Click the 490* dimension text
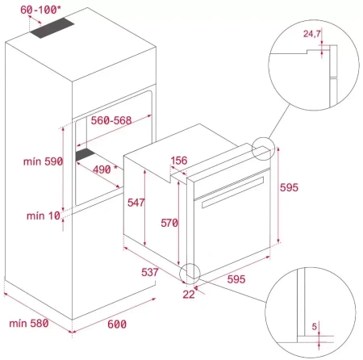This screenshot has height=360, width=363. (102, 170)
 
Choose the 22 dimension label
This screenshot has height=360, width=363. (188, 294)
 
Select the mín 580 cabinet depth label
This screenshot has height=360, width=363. (29, 324)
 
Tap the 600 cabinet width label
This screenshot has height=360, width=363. (117, 324)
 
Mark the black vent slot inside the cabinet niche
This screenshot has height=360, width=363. (86, 153)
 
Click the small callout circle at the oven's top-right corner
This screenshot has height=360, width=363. (264, 149)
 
